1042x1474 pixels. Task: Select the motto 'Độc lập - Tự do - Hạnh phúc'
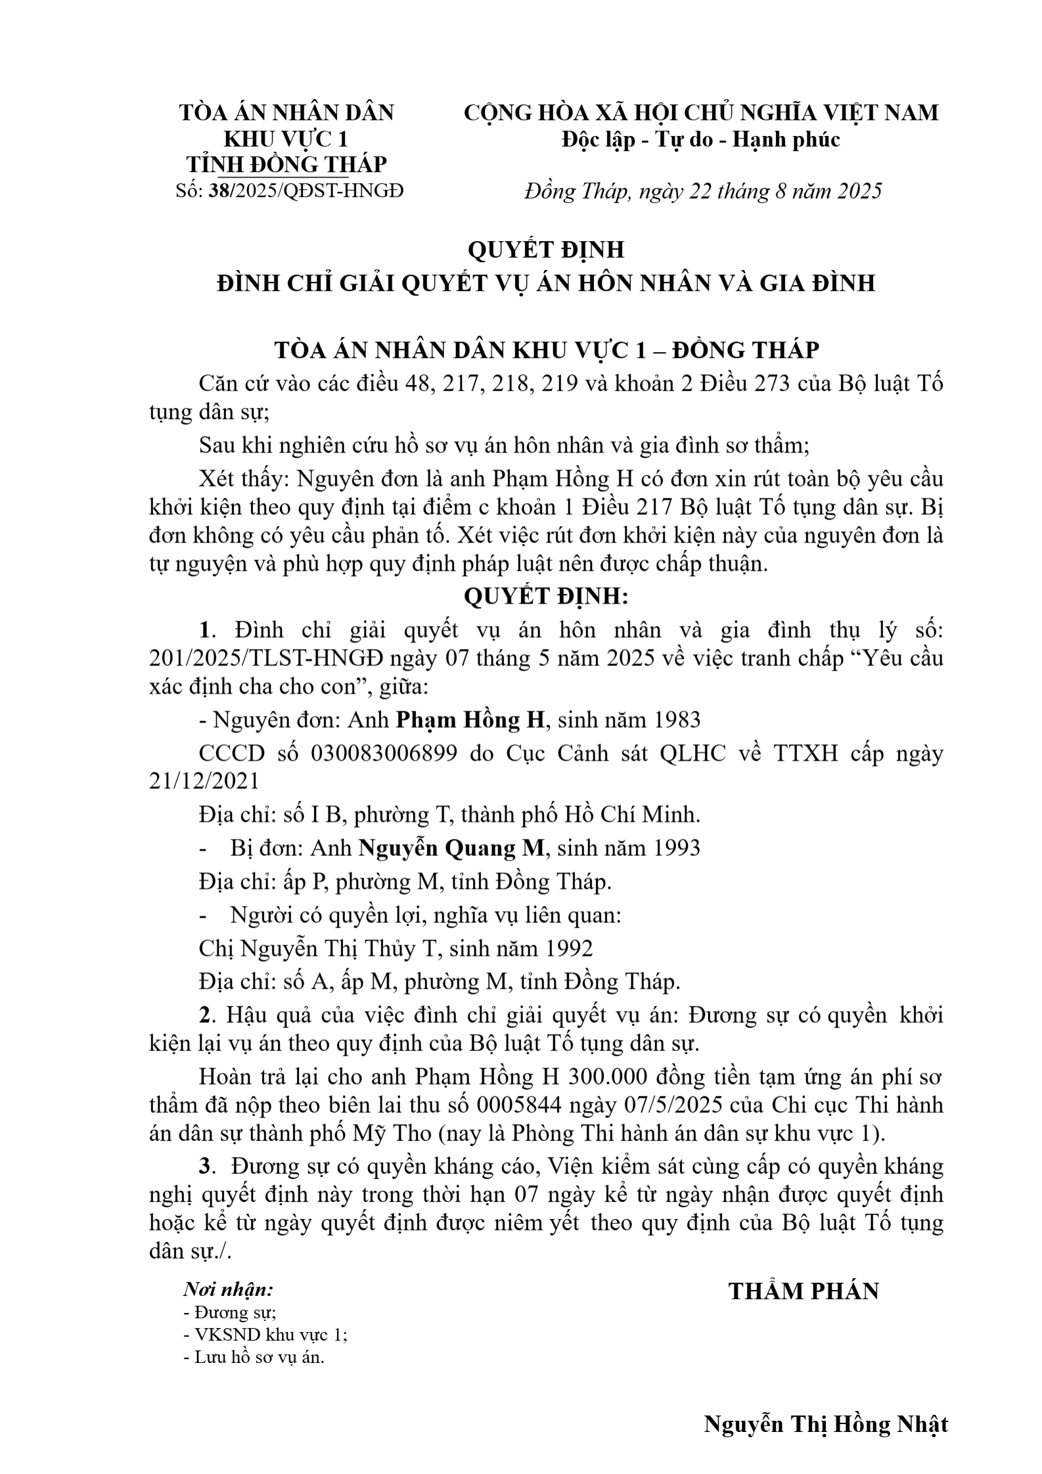[700, 140]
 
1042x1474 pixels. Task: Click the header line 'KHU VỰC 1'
[286, 140]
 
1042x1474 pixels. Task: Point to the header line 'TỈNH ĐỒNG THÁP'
[286, 164]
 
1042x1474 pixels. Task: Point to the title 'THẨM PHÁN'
[804, 1291]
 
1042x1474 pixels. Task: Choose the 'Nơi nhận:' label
[228, 1289]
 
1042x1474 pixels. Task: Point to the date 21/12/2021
[204, 782]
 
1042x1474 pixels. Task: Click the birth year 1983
[676, 721]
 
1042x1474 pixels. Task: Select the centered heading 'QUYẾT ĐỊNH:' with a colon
[546, 597]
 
